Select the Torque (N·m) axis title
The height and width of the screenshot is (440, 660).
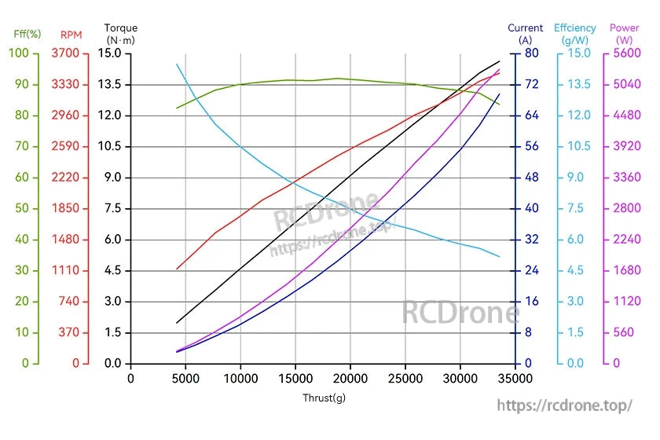[x=121, y=33]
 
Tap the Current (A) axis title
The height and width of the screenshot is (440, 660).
[x=526, y=33]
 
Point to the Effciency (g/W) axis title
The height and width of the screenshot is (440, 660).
[x=575, y=33]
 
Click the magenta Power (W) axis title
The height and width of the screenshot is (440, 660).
[x=625, y=33]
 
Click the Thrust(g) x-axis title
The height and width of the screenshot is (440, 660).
[x=324, y=398]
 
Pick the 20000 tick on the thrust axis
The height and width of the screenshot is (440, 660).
[x=350, y=378]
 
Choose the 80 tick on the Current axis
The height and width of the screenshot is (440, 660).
[x=531, y=53]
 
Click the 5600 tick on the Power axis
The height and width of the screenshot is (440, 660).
[x=625, y=53]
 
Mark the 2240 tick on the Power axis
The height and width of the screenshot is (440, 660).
[x=625, y=240]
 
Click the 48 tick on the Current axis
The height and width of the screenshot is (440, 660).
[x=531, y=178]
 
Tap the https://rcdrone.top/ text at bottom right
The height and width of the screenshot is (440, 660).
[x=565, y=405]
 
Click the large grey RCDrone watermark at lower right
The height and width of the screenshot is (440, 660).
[x=460, y=312]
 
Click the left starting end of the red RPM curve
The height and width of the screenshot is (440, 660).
[x=177, y=269]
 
